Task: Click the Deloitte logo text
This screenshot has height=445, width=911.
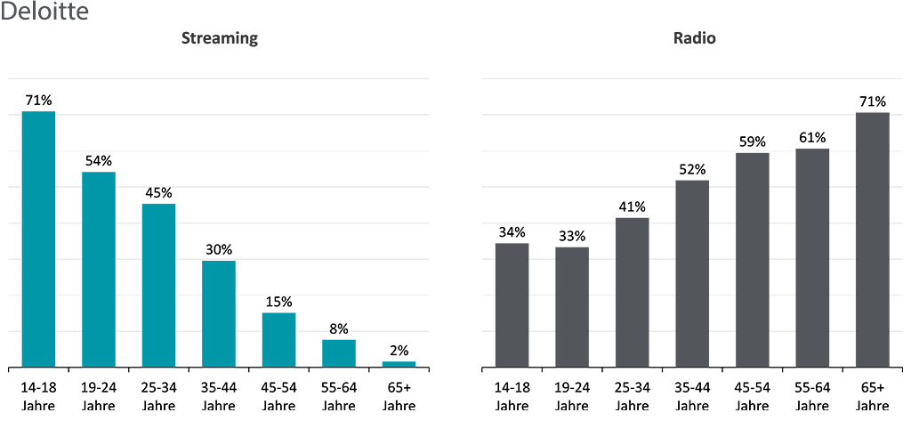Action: pyautogui.click(x=44, y=12)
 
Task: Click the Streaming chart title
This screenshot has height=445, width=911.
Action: pyautogui.click(x=219, y=38)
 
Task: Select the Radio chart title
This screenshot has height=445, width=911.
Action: pyautogui.click(x=694, y=38)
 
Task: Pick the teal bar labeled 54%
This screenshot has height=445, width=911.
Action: pyautogui.click(x=99, y=269)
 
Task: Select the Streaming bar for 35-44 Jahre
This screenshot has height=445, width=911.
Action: pyautogui.click(x=219, y=313)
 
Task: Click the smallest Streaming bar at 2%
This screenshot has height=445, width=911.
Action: pyautogui.click(x=399, y=364)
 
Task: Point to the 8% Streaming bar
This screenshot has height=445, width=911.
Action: pyautogui.click(x=339, y=353)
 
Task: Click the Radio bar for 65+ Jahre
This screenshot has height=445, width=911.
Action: pyautogui.click(x=872, y=239)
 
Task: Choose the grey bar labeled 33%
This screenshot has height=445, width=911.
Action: pyautogui.click(x=572, y=307)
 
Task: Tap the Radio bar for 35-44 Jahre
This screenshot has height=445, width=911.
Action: pyautogui.click(x=692, y=273)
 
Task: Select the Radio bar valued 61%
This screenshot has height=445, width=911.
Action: pyautogui.click(x=812, y=257)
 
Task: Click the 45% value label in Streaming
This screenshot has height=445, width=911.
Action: pyautogui.click(x=158, y=193)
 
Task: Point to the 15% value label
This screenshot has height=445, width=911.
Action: pyautogui.click(x=278, y=302)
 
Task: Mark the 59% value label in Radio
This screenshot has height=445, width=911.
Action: pyautogui.click(x=752, y=142)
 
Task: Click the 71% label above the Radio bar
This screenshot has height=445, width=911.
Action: pyautogui.click(x=872, y=101)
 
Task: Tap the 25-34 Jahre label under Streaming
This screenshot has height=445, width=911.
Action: pyautogui.click(x=158, y=396)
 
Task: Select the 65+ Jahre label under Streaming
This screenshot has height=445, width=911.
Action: pyautogui.click(x=399, y=396)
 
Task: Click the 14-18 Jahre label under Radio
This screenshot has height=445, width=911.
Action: pyautogui.click(x=512, y=396)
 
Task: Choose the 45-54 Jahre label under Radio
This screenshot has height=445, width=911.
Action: pyautogui.click(x=752, y=396)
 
